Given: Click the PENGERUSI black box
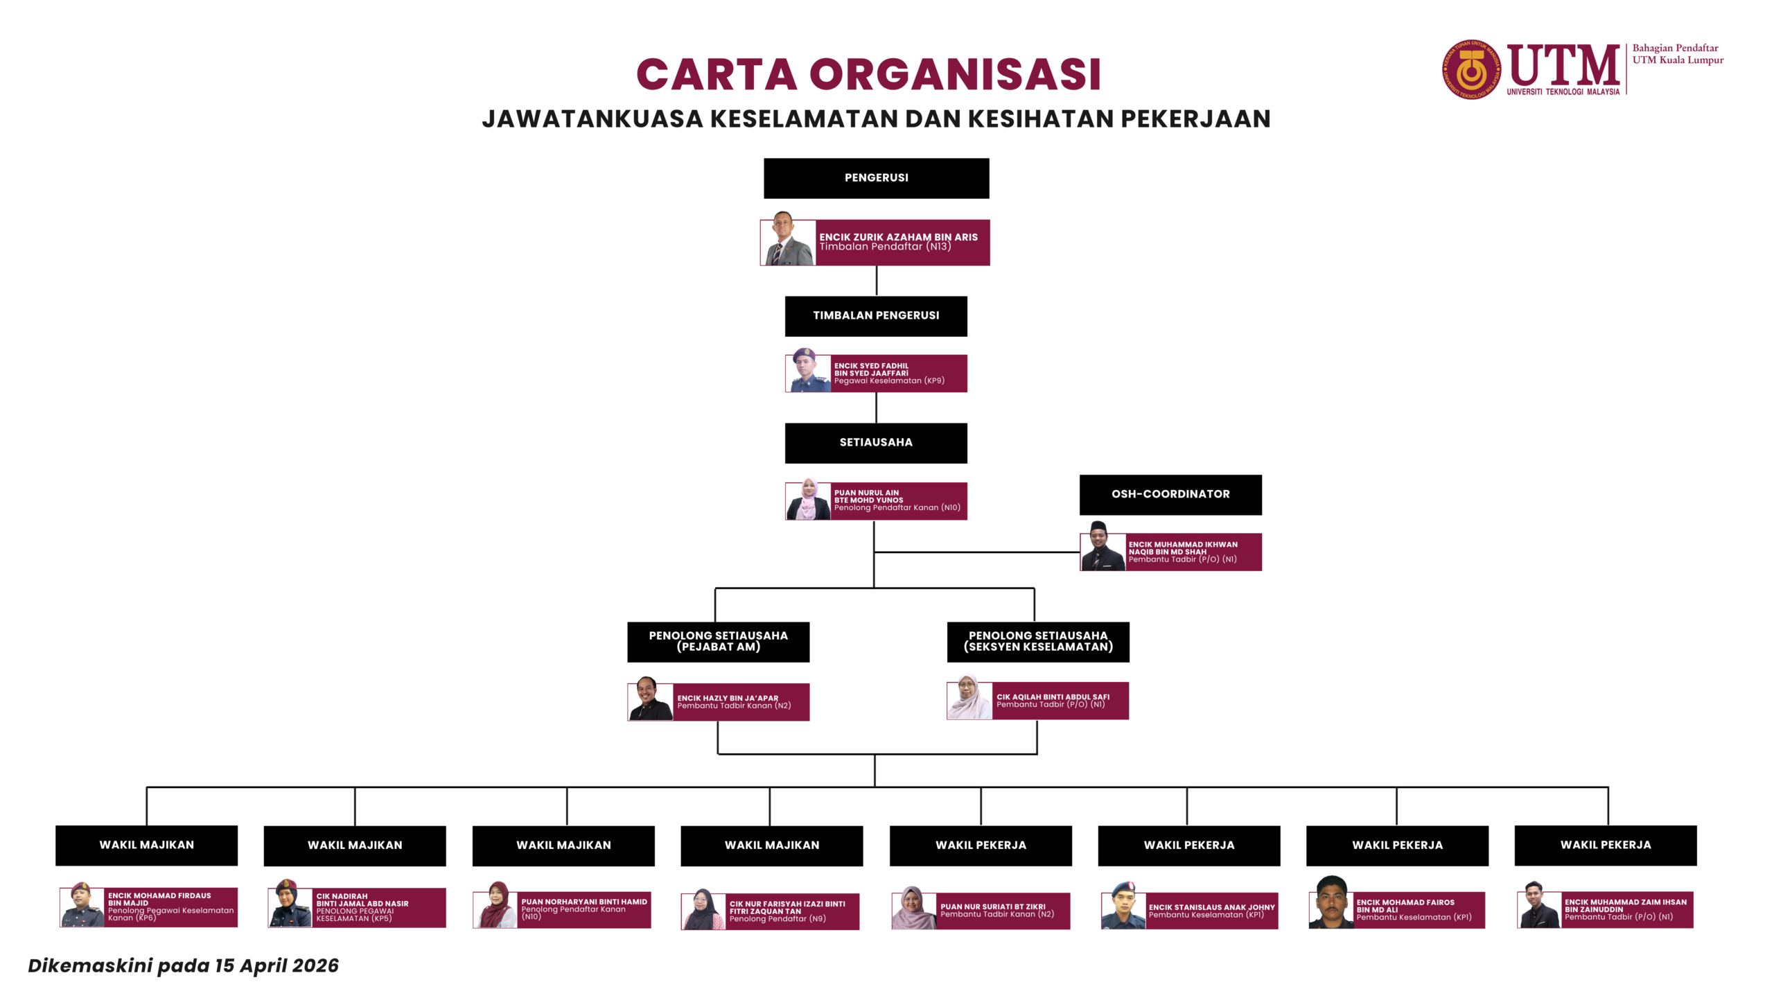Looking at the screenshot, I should click(x=876, y=178).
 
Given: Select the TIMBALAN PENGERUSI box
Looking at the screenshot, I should click(x=876, y=316).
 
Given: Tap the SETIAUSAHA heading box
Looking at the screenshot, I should click(x=876, y=443).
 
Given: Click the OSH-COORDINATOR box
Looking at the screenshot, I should click(x=1170, y=494).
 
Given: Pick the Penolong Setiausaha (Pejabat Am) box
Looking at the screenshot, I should click(x=718, y=642).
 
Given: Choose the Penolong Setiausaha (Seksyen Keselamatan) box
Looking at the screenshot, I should click(x=1038, y=642).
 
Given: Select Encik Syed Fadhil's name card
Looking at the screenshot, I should click(x=898, y=374).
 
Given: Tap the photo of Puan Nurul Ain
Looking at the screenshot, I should click(x=808, y=500).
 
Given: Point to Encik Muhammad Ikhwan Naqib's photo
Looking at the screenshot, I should click(x=1102, y=548).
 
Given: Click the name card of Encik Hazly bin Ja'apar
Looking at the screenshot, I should click(x=740, y=702).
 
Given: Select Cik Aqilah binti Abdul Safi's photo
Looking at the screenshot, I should click(x=969, y=698).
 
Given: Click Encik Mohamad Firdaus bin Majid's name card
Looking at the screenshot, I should click(x=170, y=907).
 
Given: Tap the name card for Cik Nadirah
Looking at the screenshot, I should click(x=378, y=908).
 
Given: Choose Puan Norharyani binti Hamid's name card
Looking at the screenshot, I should click(x=583, y=909).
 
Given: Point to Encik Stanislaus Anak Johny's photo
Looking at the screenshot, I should click(x=1123, y=907).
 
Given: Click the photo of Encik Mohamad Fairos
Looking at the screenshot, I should click(x=1330, y=903).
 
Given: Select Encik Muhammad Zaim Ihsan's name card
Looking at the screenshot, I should click(x=1625, y=910).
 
